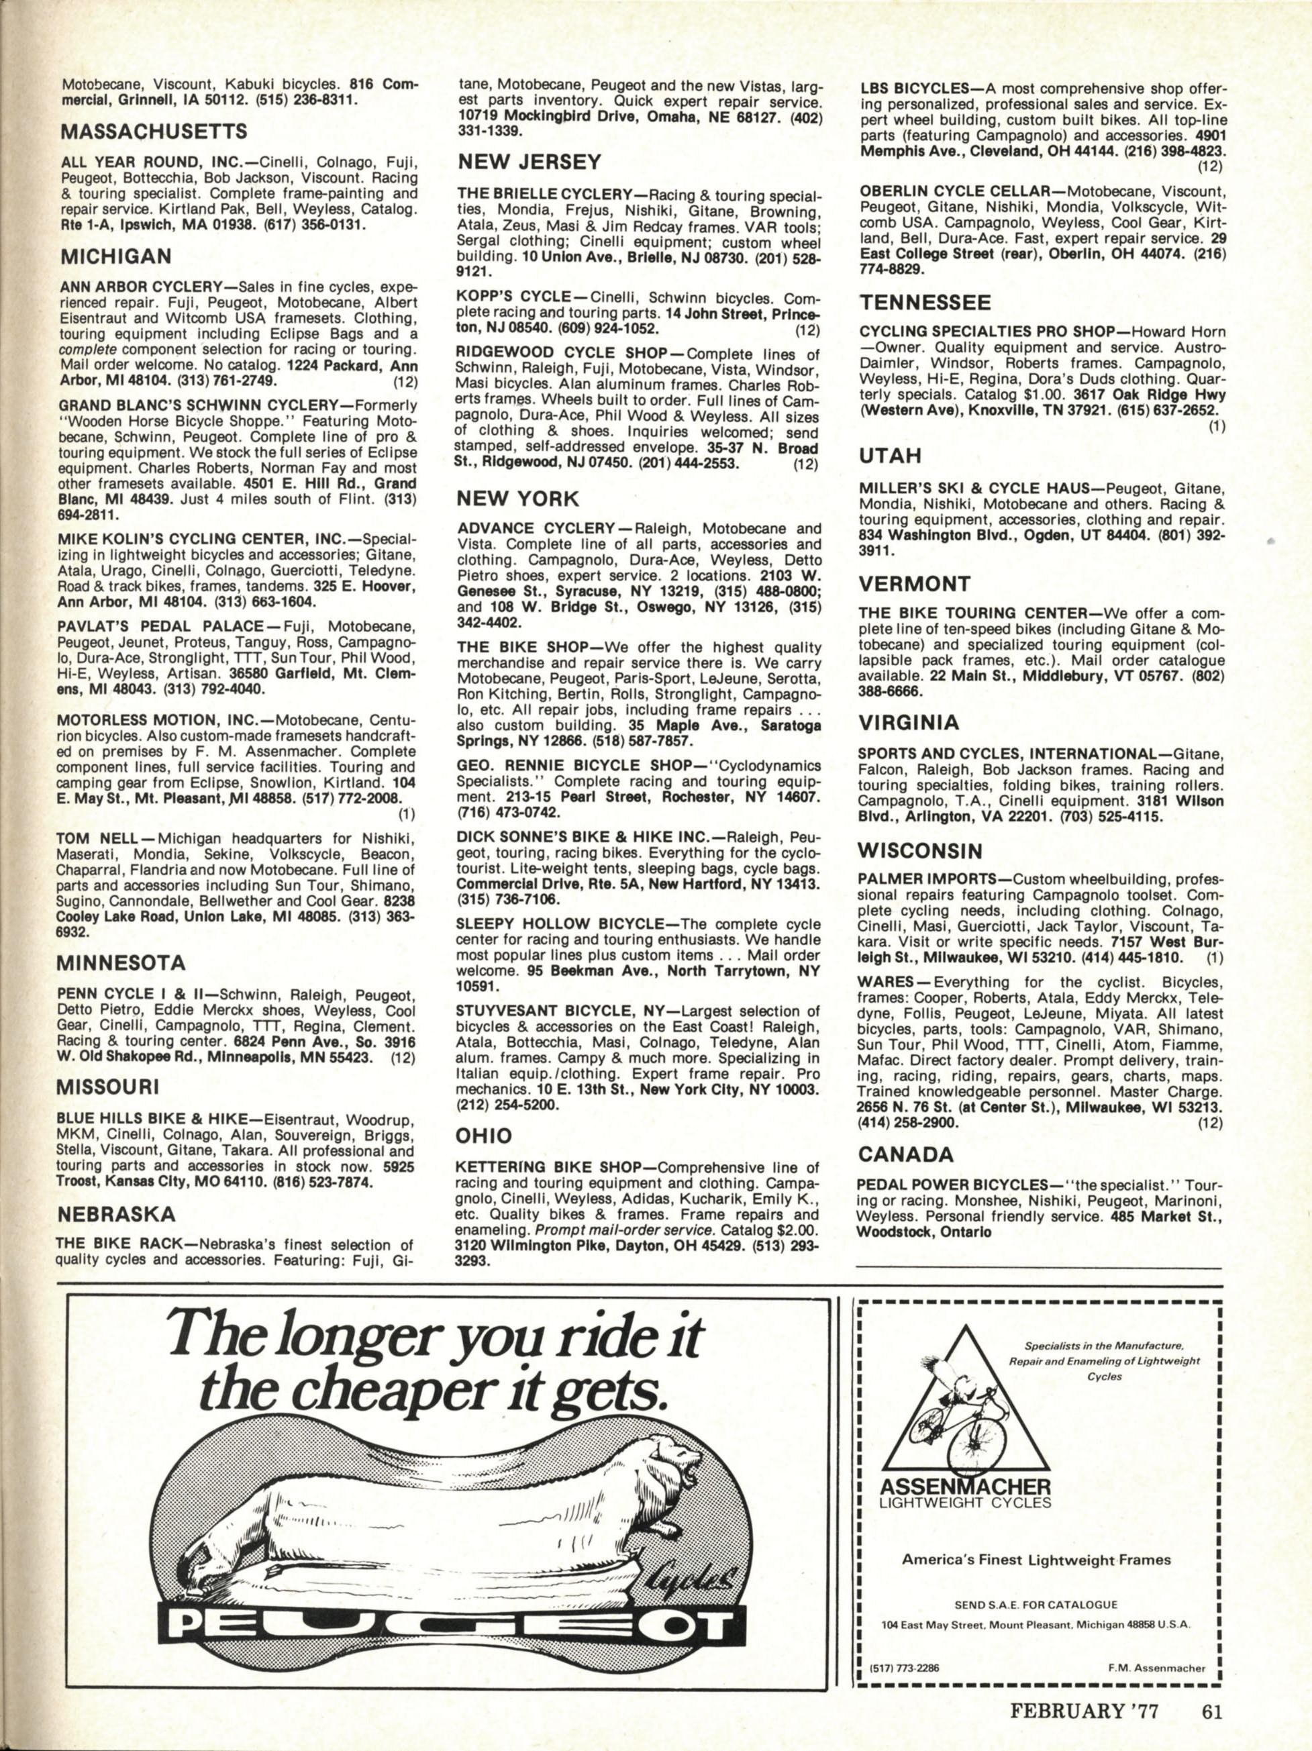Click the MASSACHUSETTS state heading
click(154, 130)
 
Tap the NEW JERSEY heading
click(529, 163)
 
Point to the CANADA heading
click(906, 1155)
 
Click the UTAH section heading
click(885, 456)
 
